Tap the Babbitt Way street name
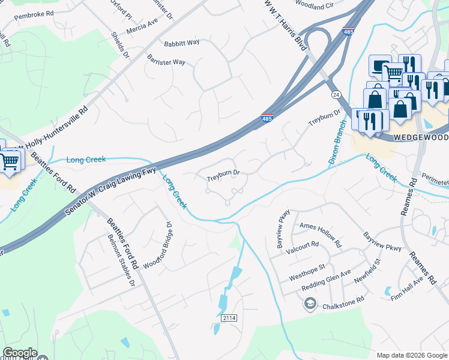181,43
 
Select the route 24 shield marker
336,95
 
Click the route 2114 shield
229,317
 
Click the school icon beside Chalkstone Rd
310,305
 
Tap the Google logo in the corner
19,353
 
